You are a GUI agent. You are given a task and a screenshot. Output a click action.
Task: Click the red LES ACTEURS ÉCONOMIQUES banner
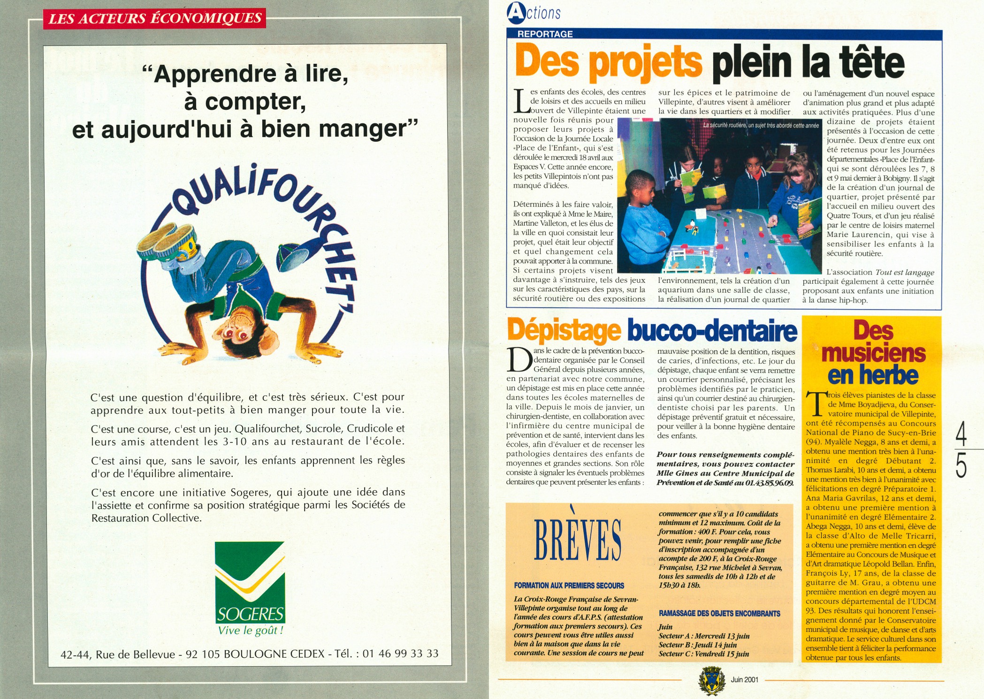coord(154,18)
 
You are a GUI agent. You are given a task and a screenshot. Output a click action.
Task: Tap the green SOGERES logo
coord(250,582)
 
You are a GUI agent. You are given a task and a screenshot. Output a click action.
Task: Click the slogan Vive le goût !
coord(251,630)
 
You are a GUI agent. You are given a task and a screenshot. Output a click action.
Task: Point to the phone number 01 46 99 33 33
coord(400,653)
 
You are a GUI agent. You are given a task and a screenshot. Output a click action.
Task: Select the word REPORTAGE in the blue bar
coord(545,34)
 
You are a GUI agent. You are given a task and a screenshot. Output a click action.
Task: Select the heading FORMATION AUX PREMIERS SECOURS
coord(569,585)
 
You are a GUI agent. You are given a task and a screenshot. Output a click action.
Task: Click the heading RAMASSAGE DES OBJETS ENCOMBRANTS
coord(719,613)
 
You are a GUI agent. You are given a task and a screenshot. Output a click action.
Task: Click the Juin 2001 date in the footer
coord(744,679)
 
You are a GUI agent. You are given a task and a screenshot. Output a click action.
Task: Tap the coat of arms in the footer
coord(708,681)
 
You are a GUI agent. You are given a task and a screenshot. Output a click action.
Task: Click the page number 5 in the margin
coord(961,465)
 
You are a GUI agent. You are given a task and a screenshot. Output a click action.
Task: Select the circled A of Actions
coord(516,13)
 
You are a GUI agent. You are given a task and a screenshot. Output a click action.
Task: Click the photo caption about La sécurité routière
coord(761,125)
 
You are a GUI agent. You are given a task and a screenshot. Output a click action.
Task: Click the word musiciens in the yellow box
coord(873,353)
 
